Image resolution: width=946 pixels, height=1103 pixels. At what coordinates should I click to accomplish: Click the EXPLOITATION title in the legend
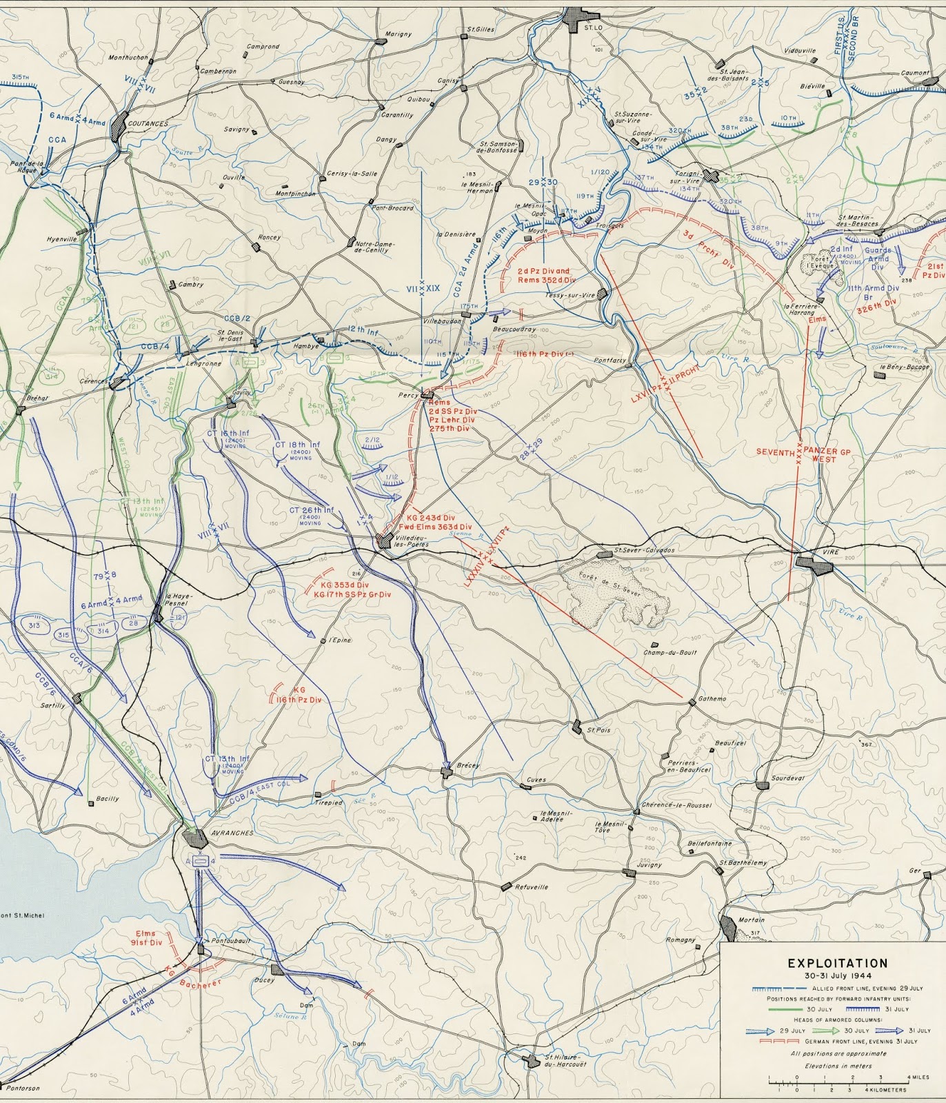838,963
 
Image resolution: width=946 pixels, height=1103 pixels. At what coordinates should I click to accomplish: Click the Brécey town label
468,766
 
